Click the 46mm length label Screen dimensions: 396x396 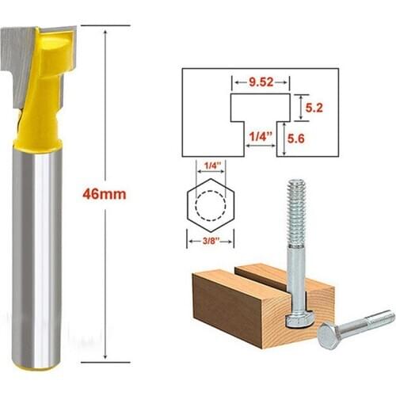pyautogui.click(x=105, y=193)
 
